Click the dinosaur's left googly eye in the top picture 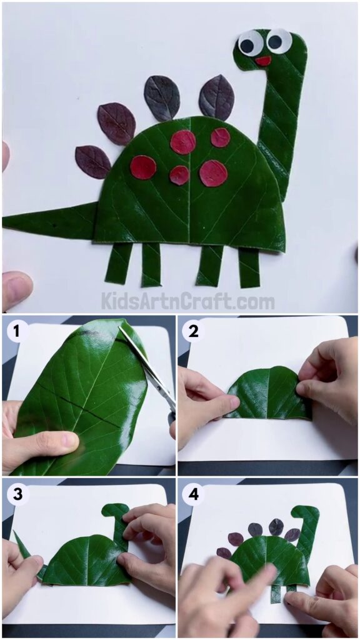(x=250, y=43)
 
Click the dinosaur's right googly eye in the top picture (x=278, y=41)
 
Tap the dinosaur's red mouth (x=263, y=61)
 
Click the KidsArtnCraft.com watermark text (x=187, y=301)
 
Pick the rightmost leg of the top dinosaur (x=249, y=267)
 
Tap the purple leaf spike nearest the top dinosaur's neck (x=217, y=97)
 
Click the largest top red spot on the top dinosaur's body (x=183, y=142)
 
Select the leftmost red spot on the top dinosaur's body (x=143, y=167)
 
